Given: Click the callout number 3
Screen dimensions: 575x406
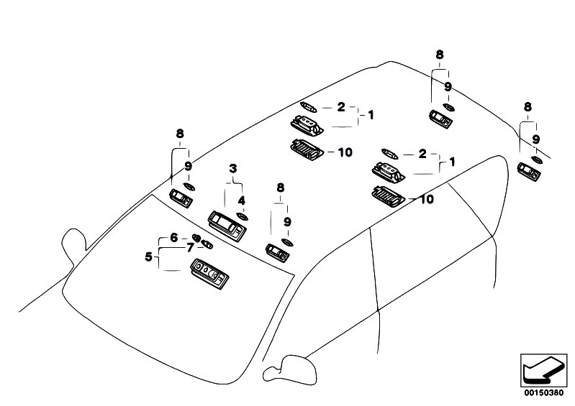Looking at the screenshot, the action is pyautogui.click(x=233, y=169).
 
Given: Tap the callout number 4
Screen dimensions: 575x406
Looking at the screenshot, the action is pyautogui.click(x=241, y=200).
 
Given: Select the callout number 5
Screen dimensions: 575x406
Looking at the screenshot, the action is pyautogui.click(x=148, y=257).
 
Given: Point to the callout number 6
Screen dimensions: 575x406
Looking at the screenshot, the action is pyautogui.click(x=174, y=238).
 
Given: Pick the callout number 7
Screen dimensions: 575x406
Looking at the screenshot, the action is pyautogui.click(x=189, y=248).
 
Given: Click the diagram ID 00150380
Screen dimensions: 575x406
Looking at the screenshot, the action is pyautogui.click(x=543, y=393).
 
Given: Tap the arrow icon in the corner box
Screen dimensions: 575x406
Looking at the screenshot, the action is pyautogui.click(x=543, y=371).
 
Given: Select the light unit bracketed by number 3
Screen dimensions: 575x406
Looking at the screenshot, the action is pyautogui.click(x=227, y=226).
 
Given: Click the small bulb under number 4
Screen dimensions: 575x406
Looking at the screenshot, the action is pyautogui.click(x=242, y=216).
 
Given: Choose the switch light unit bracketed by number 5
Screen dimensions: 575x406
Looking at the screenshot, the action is pyautogui.click(x=209, y=274).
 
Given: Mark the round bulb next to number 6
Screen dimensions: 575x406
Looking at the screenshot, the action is pyautogui.click(x=196, y=238).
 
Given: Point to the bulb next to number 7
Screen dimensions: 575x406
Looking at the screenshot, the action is pyautogui.click(x=207, y=244).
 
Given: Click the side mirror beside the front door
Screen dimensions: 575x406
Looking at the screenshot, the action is pyautogui.click(x=290, y=369).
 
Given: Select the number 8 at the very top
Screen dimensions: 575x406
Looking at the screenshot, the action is pyautogui.click(x=439, y=55).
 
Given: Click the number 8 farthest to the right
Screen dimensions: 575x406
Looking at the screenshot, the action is pyautogui.click(x=528, y=107).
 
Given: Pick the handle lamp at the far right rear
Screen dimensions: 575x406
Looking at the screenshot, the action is pyautogui.click(x=529, y=172).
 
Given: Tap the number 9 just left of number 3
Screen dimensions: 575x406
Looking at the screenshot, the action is pyautogui.click(x=188, y=167).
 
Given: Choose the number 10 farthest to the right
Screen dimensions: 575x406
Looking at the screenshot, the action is pyautogui.click(x=426, y=200).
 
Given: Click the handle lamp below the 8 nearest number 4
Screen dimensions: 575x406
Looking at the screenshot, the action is pyautogui.click(x=278, y=253).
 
